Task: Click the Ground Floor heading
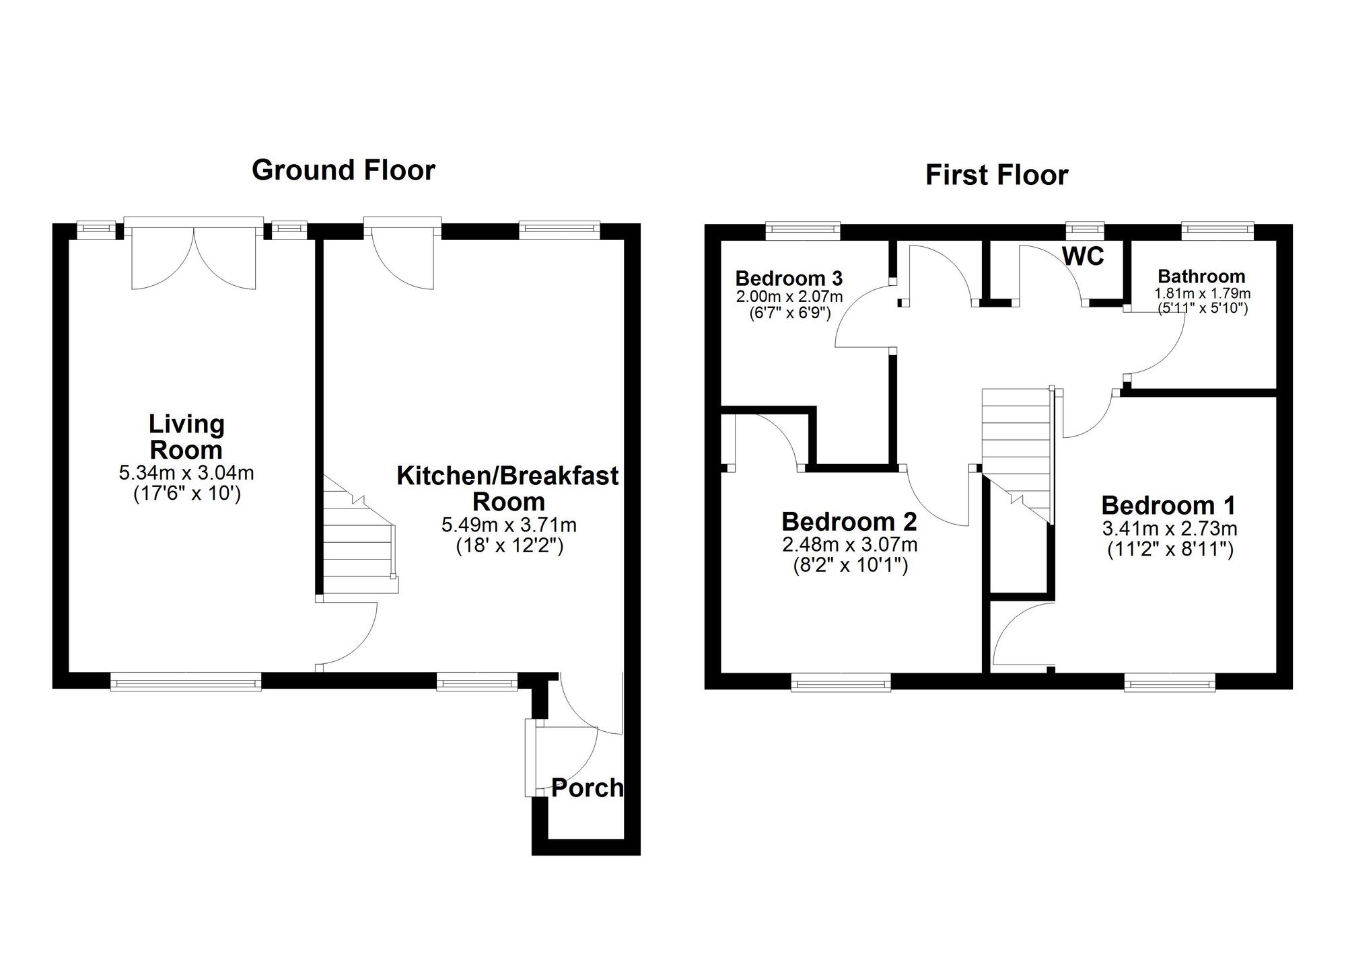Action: click(343, 171)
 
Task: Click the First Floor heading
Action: click(997, 176)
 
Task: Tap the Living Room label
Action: click(186, 437)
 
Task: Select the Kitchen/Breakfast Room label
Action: click(508, 488)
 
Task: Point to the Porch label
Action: click(587, 788)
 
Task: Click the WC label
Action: click(1084, 256)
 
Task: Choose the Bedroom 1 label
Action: click(1169, 505)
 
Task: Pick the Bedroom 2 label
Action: click(849, 521)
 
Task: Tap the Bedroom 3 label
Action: click(789, 278)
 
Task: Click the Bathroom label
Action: click(1201, 276)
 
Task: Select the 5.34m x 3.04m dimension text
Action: click(186, 474)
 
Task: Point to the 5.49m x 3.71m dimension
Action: click(509, 525)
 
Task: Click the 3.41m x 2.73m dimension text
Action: click(1170, 529)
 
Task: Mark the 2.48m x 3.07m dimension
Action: click(850, 545)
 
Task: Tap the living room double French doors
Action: click(194, 254)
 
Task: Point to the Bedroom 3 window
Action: click(803, 231)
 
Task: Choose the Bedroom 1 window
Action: click(1170, 683)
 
